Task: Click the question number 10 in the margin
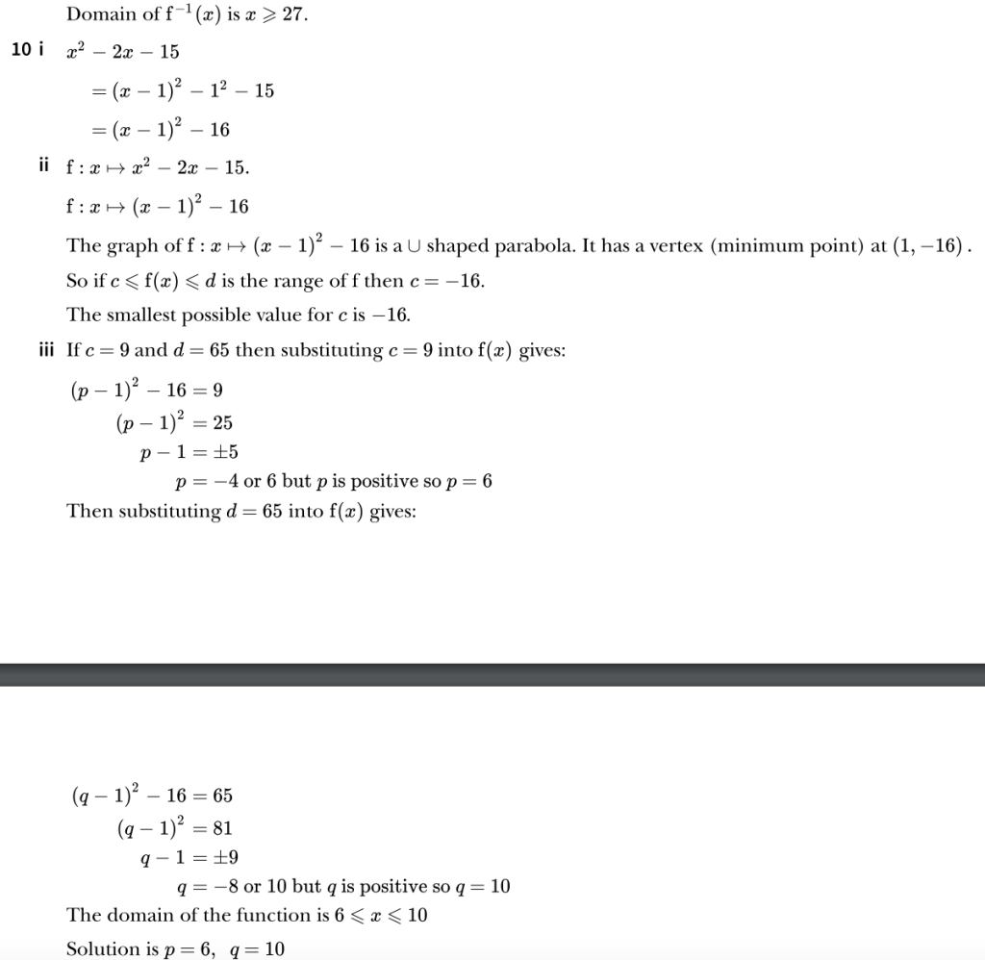[x=21, y=50]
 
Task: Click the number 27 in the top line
[x=292, y=14]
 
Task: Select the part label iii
[x=46, y=350]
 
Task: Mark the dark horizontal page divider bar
[x=492, y=674]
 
